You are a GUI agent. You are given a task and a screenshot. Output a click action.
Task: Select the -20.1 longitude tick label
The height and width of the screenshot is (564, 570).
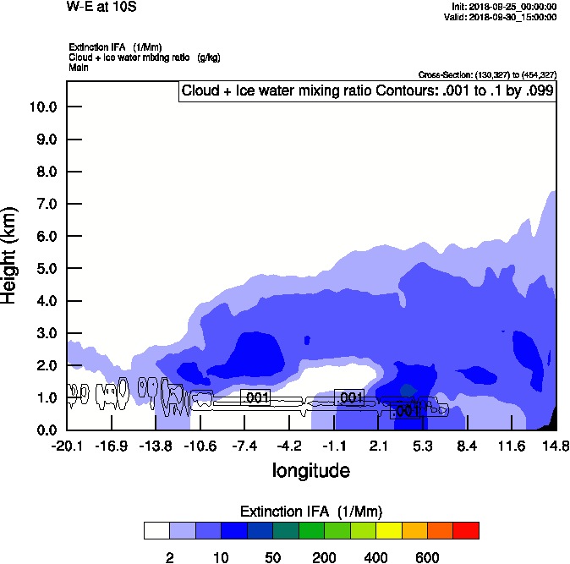(67, 446)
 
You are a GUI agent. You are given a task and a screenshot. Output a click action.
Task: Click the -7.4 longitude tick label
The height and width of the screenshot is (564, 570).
(244, 446)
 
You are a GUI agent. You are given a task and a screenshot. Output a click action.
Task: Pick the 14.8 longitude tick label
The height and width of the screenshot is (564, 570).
(556, 446)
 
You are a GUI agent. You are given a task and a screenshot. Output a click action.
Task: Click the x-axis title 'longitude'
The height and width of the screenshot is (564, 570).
(310, 469)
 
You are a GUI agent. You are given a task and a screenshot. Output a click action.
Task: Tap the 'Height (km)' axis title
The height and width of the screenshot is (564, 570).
(11, 254)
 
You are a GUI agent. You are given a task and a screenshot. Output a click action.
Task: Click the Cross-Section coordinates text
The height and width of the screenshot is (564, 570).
(487, 75)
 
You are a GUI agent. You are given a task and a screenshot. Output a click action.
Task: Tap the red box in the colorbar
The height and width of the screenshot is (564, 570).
(465, 530)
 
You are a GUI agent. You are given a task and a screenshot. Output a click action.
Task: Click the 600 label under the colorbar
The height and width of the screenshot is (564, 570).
(427, 557)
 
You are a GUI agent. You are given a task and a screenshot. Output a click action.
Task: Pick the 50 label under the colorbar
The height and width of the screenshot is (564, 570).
(272, 557)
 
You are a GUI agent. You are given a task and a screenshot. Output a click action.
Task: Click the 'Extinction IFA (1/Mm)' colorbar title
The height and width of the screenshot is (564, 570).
(310, 512)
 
